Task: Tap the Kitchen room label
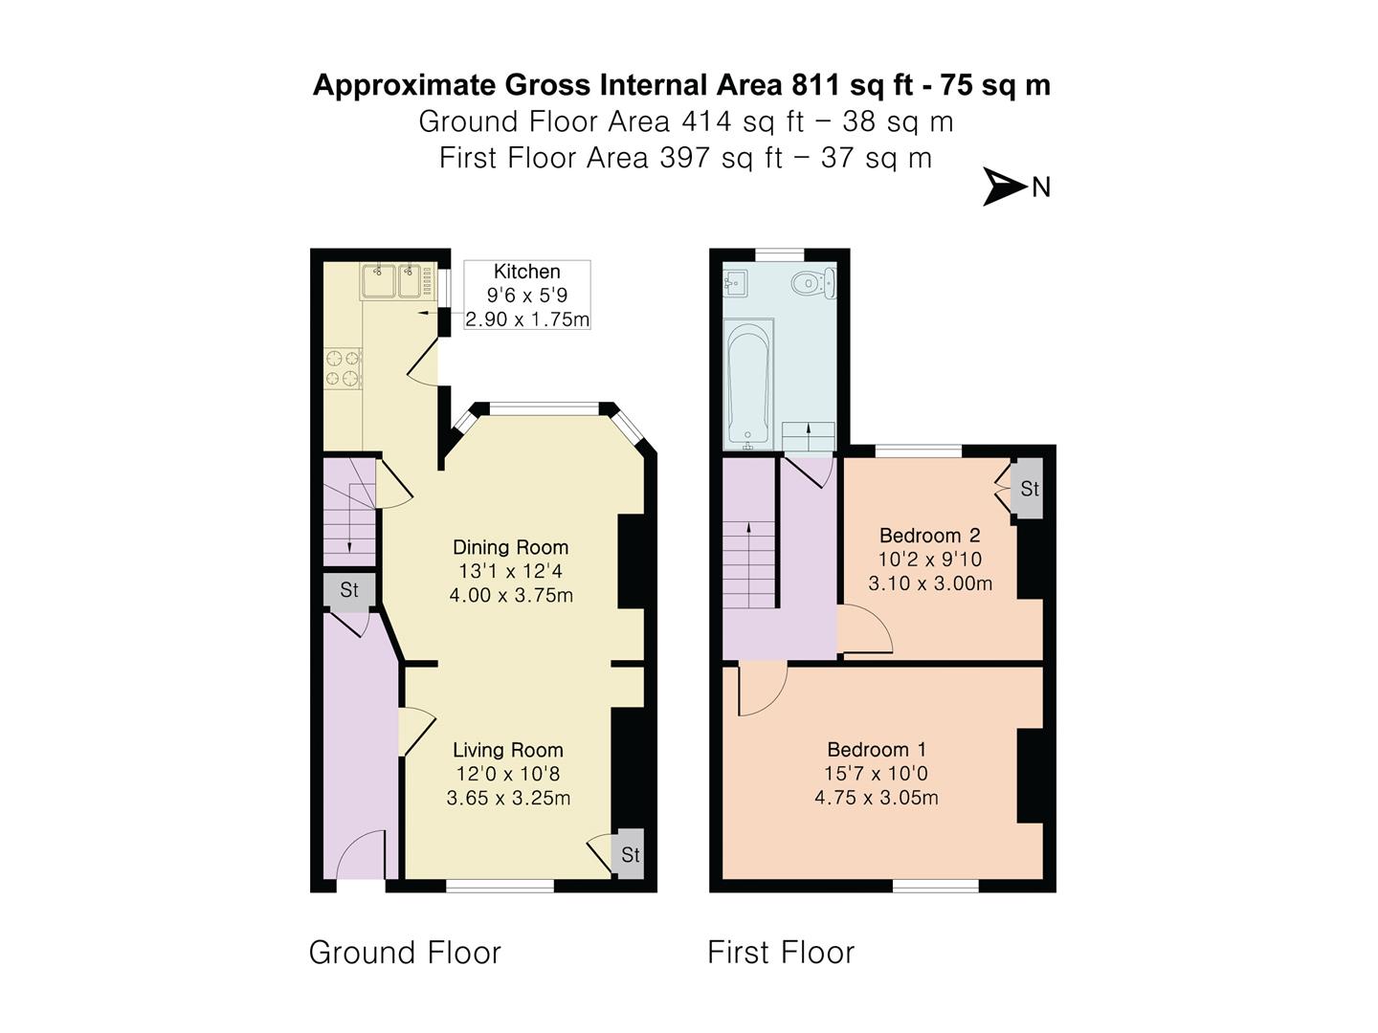(526, 272)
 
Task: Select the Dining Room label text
(510, 547)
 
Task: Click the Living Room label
(507, 750)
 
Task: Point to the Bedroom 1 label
(876, 750)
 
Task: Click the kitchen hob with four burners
(344, 370)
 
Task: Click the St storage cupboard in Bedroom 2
(1029, 489)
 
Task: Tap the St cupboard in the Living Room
(630, 854)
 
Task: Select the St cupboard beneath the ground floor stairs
(349, 590)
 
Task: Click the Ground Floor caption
(405, 953)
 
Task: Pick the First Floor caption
(781, 953)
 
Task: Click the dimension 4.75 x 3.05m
(876, 798)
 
